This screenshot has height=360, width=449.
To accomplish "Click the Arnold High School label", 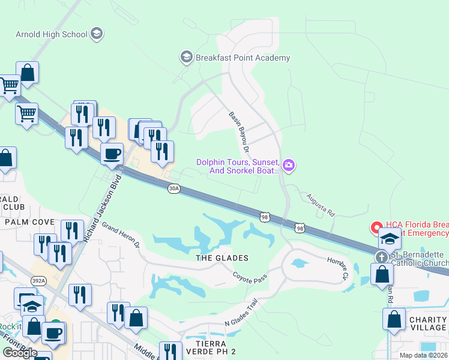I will (x=52, y=34).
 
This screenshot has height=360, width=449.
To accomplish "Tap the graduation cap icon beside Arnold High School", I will (x=96, y=34).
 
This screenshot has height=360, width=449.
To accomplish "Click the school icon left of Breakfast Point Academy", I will (x=186, y=58).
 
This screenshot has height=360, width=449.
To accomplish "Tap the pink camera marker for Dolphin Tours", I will (x=289, y=165).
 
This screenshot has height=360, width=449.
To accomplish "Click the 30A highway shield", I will (x=174, y=188).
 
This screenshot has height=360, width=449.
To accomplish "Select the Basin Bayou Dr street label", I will (x=239, y=131).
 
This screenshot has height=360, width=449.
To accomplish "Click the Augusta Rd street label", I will (x=320, y=205).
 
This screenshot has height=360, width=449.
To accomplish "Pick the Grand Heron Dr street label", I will (x=120, y=236).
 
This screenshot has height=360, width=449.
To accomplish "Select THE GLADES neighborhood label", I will (x=222, y=258).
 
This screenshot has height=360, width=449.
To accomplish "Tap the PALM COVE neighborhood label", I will (x=29, y=222).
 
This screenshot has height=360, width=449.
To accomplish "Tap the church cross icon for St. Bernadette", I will (x=381, y=257).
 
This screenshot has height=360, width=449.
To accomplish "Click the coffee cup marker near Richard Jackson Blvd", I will (x=112, y=154).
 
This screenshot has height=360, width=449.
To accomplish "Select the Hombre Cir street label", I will (x=337, y=268).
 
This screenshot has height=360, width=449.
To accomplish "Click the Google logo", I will (x=20, y=353).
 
